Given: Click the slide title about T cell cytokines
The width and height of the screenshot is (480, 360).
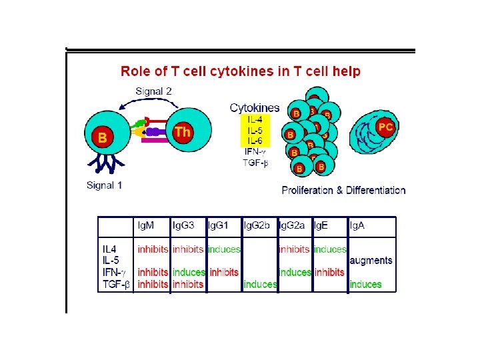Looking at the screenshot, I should (240, 71).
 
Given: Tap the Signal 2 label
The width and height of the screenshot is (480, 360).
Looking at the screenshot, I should (153, 91).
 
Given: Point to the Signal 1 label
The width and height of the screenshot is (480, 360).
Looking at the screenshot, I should (105, 185).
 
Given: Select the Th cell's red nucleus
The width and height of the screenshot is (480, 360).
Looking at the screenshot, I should (182, 132).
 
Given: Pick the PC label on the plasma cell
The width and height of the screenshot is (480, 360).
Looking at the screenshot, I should (385, 126).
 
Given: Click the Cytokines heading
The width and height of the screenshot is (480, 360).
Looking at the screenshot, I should (255, 107).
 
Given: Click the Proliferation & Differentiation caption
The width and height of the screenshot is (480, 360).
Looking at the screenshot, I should (343, 190).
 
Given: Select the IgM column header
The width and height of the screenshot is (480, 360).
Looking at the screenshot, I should (146, 226).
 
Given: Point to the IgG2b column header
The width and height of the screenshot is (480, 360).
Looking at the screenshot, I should (257, 226).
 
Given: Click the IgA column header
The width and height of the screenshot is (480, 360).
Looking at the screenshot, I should (357, 226).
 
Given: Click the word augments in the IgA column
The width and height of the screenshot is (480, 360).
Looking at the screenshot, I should (371, 261).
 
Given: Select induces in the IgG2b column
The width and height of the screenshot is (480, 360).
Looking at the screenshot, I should (260, 284).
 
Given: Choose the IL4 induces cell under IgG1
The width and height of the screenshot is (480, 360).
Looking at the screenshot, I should (224, 249).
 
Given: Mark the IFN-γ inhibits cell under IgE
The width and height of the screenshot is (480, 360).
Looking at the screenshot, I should (329, 272).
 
